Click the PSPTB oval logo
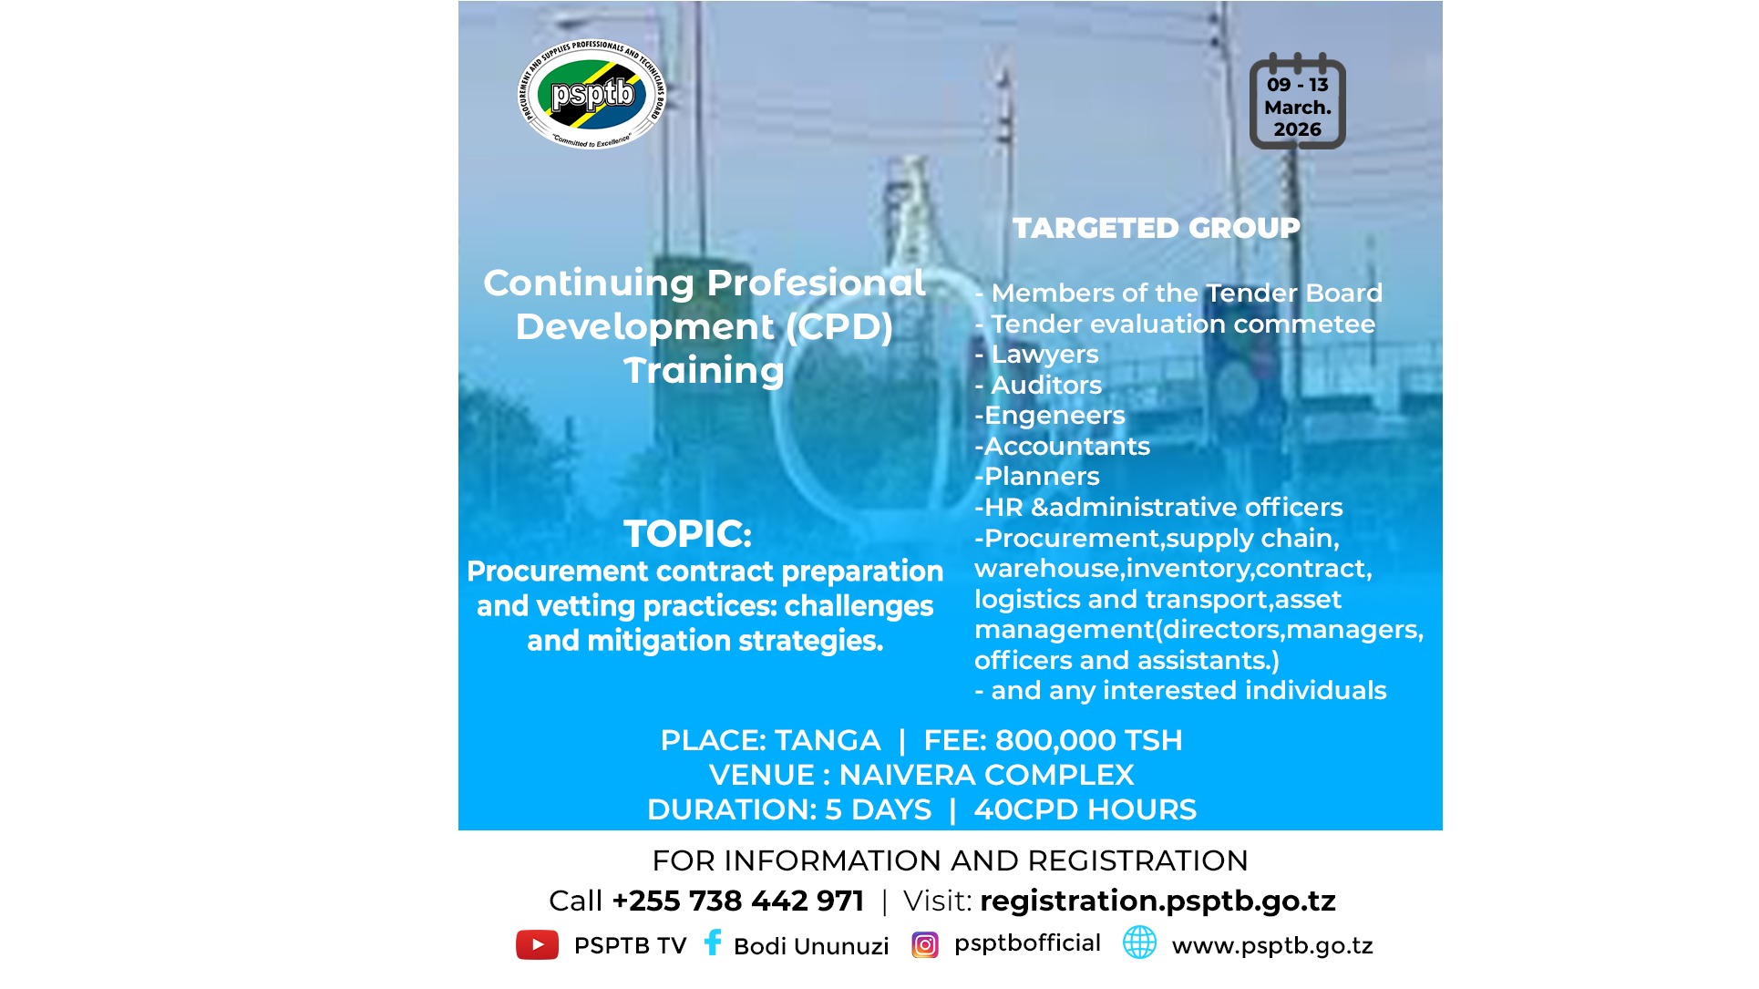click(x=592, y=94)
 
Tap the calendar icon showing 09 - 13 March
click(x=1297, y=102)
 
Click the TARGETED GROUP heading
click(x=1156, y=228)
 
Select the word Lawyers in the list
click(x=1044, y=355)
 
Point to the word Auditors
click(x=1046, y=386)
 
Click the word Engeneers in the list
click(x=1054, y=416)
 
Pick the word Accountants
click(x=1066, y=447)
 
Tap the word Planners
click(x=1042, y=477)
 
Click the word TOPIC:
click(x=687, y=534)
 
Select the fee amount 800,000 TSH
click(x=1088, y=740)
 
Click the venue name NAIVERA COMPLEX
click(x=986, y=775)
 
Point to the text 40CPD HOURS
click(x=1085, y=809)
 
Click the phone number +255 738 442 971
click(x=737, y=901)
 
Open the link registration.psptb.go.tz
click(x=1157, y=901)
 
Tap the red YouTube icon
click(x=537, y=945)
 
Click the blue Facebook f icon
click(x=713, y=943)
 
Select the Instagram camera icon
click(x=924, y=945)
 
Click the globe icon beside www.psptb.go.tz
click(x=1139, y=943)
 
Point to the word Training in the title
click(x=704, y=371)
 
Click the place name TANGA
click(x=827, y=740)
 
